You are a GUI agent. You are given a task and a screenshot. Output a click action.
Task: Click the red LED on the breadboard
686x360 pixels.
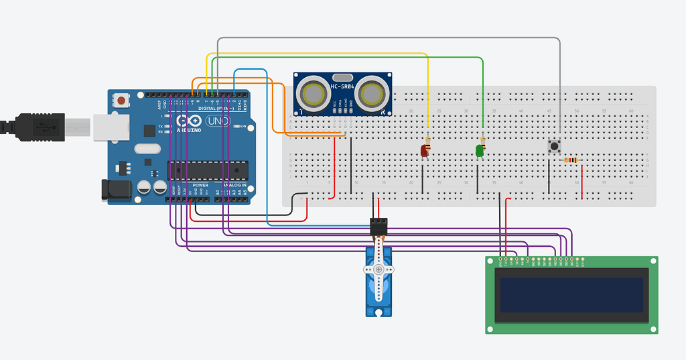424,151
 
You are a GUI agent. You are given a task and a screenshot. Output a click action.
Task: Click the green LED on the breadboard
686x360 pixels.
480,151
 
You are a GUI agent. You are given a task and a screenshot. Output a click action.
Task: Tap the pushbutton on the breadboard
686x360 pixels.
554,146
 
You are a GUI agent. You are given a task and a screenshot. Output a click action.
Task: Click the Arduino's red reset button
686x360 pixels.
121,101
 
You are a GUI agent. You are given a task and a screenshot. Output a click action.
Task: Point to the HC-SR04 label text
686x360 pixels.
342,87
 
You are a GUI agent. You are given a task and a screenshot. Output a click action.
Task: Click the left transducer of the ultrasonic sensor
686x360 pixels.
312,94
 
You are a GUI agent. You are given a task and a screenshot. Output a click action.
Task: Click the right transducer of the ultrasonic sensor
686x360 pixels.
372,94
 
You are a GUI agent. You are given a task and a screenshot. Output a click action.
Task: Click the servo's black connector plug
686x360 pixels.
379,226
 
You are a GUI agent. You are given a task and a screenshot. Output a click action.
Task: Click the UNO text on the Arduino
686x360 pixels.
216,121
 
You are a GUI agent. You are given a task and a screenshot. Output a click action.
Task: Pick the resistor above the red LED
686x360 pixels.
427,139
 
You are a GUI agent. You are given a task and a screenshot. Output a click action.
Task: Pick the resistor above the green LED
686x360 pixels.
482,139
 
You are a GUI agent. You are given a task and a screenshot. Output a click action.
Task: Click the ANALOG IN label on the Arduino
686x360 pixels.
234,184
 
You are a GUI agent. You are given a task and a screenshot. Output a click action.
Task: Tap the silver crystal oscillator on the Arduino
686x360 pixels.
148,149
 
